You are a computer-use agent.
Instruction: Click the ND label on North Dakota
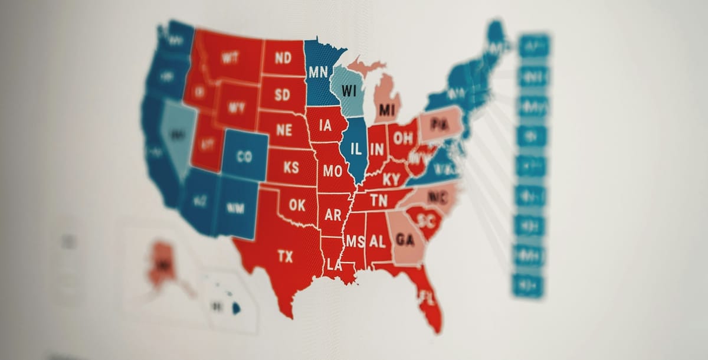click(x=283, y=58)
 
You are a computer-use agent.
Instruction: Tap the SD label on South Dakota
click(x=283, y=94)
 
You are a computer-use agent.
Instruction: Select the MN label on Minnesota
click(x=318, y=72)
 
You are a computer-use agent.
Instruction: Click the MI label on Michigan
click(x=387, y=110)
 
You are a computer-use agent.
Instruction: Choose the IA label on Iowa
click(x=325, y=126)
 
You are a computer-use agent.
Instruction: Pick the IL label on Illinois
click(x=356, y=149)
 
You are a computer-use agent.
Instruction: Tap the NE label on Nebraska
click(x=284, y=130)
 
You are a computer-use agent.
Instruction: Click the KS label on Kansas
click(x=291, y=168)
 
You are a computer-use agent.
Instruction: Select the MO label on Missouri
click(x=332, y=171)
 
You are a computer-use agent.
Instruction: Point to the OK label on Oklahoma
click(x=297, y=205)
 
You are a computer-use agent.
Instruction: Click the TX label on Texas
click(x=285, y=257)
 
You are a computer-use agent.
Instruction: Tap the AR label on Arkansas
click(x=333, y=215)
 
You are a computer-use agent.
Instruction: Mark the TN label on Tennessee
click(x=378, y=201)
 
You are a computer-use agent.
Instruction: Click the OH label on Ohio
click(x=404, y=138)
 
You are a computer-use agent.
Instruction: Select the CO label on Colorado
click(x=244, y=156)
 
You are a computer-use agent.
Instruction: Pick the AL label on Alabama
click(x=377, y=241)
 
